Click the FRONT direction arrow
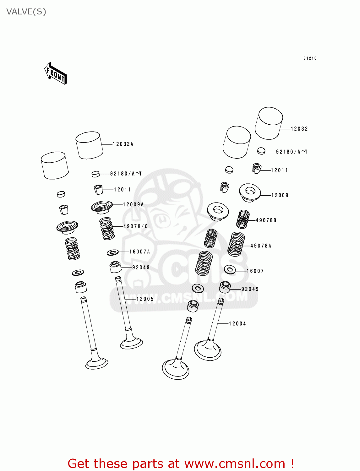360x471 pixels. click(x=56, y=73)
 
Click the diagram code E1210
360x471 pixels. click(x=310, y=58)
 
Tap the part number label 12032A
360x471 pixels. click(x=123, y=144)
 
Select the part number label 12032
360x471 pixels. click(x=299, y=129)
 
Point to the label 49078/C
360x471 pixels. click(x=135, y=226)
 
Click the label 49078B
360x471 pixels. click(x=266, y=220)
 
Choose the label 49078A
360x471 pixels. click(x=261, y=246)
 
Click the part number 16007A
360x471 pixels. click(x=139, y=252)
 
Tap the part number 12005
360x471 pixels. click(x=145, y=299)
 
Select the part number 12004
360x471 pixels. click(x=237, y=324)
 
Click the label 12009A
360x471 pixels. click(x=133, y=205)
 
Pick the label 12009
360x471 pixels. click(x=280, y=195)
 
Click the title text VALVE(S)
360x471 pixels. click(x=26, y=12)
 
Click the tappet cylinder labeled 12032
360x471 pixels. click(x=269, y=123)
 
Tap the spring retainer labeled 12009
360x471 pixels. click(x=250, y=192)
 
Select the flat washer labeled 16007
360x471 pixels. click(x=230, y=269)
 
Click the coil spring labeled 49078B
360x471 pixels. click(x=243, y=219)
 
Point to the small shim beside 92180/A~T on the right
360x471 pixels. click(x=261, y=151)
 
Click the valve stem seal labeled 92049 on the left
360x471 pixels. click(x=115, y=267)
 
